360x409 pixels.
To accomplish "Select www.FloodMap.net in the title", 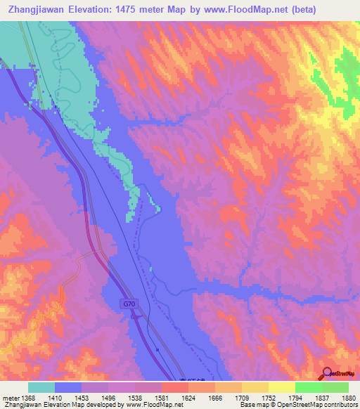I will point(247,10).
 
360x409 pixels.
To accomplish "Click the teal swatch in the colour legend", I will point(41,387).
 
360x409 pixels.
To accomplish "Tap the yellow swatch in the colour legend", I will point(282,387).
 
